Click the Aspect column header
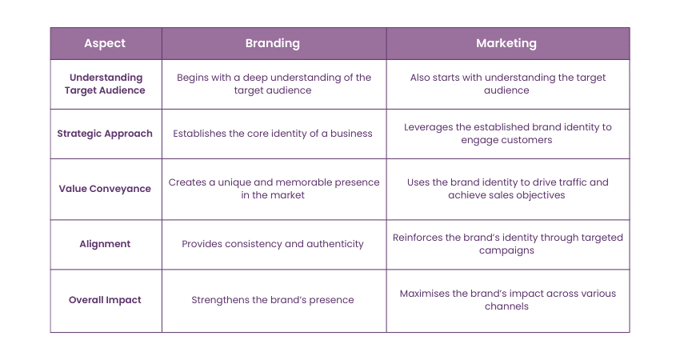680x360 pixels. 105,43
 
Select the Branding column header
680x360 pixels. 272,43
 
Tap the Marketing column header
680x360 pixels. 506,43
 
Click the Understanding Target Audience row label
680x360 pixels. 105,84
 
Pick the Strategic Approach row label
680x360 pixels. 105,134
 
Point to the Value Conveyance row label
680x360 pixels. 105,189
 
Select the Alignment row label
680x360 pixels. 105,244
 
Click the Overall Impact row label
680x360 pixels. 105,300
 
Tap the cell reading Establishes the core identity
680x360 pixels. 272,134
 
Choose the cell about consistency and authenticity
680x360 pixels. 272,244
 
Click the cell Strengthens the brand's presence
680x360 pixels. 272,300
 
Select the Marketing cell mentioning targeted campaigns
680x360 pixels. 507,244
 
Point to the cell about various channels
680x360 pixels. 507,300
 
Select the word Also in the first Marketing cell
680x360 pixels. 420,78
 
